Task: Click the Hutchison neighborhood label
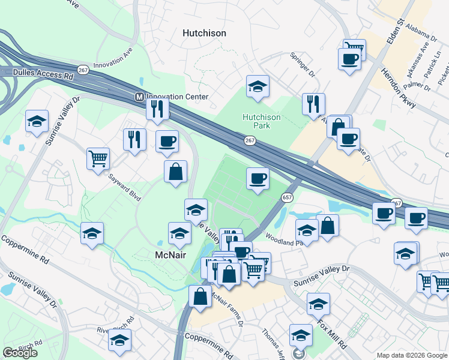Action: [204, 34]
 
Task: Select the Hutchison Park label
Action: [261, 121]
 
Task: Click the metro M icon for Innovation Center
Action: [139, 97]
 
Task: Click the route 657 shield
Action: [287, 197]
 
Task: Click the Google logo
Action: [20, 353]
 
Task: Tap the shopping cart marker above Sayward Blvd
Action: [98, 159]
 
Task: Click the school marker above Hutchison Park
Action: [258, 86]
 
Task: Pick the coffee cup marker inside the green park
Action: [258, 178]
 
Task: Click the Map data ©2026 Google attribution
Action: [412, 355]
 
